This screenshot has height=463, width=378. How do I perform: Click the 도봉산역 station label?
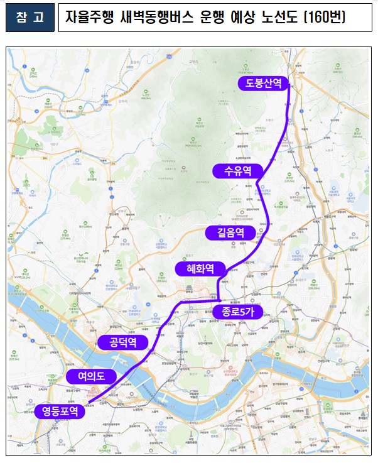(263, 83)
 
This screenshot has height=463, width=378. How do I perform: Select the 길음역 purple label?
(227, 233)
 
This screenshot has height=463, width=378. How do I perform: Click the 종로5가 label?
(235, 312)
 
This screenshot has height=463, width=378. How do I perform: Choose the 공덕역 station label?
(123, 342)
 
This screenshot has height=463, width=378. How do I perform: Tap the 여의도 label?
(91, 376)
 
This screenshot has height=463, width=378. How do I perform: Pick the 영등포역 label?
(59, 411)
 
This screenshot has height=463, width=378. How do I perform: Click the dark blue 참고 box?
(30, 18)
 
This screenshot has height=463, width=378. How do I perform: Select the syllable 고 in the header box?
(40, 18)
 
